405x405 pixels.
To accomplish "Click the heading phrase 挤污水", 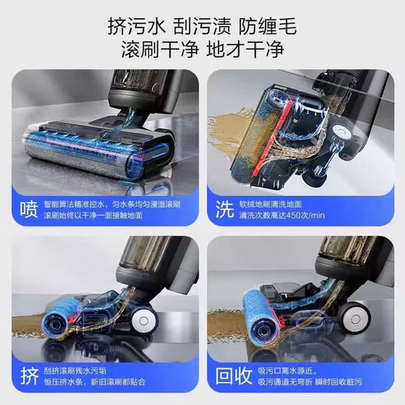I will (x=137, y=25).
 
